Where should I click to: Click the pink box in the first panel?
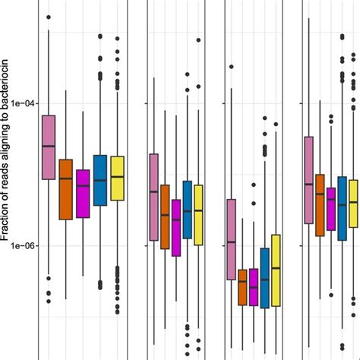coord(49,147)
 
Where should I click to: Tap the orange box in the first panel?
coord(66,189)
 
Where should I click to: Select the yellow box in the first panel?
coord(117,178)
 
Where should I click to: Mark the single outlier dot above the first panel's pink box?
coord(49,17)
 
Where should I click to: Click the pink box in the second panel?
coord(153,197)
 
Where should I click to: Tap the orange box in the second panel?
coord(165,216)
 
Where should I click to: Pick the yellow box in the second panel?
coord(199,215)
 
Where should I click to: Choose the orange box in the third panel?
coord(242,287)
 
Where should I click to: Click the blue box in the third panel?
coord(264,277)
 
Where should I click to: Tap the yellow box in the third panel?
coord(276,270)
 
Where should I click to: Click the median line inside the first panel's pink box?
coord(49,146)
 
